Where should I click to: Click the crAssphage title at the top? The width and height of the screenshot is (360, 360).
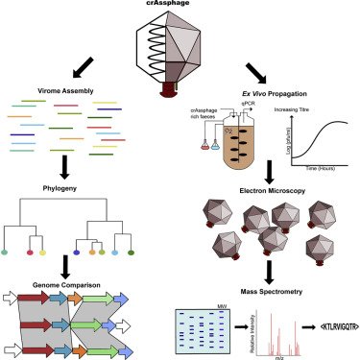coord(179,5)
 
